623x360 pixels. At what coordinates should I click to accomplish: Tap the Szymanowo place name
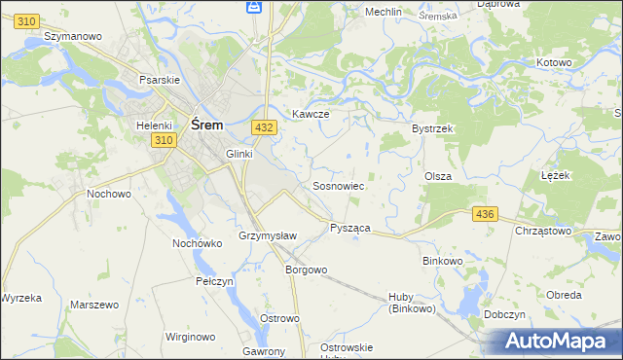pyautogui.click(x=74, y=35)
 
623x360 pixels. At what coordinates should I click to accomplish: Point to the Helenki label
pyautogui.click(x=154, y=125)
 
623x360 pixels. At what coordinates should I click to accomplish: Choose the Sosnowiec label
pyautogui.click(x=338, y=185)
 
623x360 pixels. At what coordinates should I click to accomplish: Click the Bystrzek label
pyautogui.click(x=433, y=128)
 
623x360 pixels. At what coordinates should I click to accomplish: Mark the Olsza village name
pyautogui.click(x=437, y=176)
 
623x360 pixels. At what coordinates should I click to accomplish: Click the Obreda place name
pyautogui.click(x=564, y=295)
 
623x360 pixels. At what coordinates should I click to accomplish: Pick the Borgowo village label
pyautogui.click(x=305, y=270)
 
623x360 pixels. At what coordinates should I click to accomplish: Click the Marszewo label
pyautogui.click(x=94, y=305)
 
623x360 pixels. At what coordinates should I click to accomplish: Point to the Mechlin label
pyautogui.click(x=383, y=12)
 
